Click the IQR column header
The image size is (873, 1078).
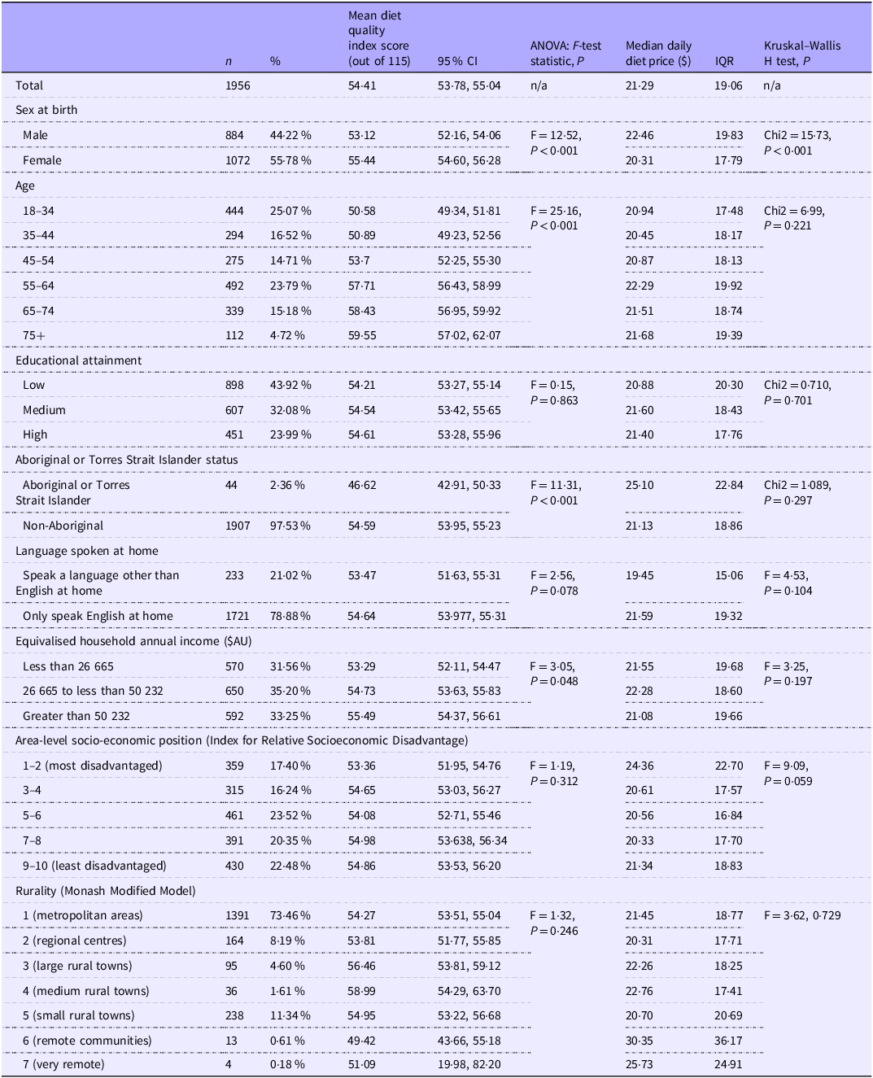click(x=724, y=61)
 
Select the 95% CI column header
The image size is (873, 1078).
click(x=458, y=61)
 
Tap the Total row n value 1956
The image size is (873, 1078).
click(x=238, y=85)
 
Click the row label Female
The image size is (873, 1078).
click(x=42, y=160)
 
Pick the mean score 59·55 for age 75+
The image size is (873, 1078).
click(x=362, y=335)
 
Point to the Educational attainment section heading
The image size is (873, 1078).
click(x=78, y=360)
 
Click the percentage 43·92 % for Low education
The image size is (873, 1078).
click(x=290, y=385)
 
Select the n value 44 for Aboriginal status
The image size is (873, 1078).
click(x=232, y=485)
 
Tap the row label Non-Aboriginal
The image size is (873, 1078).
click(x=63, y=526)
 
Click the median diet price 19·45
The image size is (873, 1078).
click(x=639, y=575)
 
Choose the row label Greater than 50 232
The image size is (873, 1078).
click(x=76, y=716)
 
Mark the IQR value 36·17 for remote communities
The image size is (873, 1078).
click(x=728, y=1041)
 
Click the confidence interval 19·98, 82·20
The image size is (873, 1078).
click(x=469, y=1064)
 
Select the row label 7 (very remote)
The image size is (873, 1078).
click(x=63, y=1064)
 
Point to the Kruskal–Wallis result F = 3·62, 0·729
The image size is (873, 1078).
click(x=802, y=915)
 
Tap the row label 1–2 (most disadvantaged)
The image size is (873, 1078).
click(x=92, y=766)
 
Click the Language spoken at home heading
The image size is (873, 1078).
click(x=86, y=551)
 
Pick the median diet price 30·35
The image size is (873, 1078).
click(x=639, y=1041)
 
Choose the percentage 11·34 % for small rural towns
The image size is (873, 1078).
click(x=290, y=1015)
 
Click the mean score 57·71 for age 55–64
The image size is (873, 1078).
click(x=362, y=286)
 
